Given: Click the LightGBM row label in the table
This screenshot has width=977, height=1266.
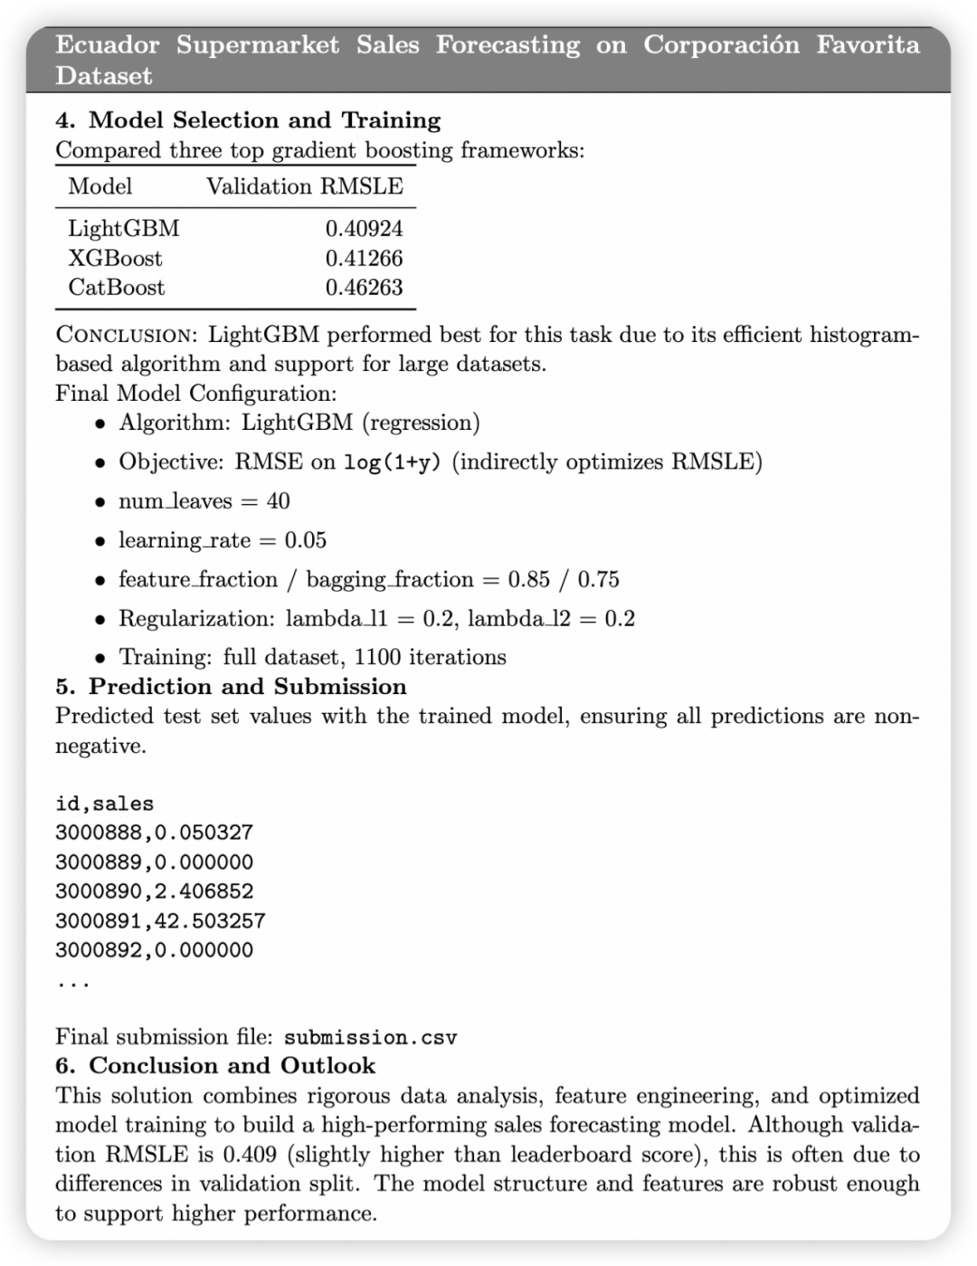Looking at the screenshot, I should click(124, 228).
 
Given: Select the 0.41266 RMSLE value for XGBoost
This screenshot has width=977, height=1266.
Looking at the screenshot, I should click(364, 258).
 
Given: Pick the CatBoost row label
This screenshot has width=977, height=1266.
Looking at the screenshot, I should click(117, 288).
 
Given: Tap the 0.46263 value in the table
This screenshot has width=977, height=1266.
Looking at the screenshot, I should click(364, 288).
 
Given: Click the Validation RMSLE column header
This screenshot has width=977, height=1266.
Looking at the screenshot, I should click(305, 186).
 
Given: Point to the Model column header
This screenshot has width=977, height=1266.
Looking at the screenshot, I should click(100, 186).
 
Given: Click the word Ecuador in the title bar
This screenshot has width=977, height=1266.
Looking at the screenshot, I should click(108, 45).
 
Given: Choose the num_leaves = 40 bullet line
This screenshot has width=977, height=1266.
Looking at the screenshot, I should click(204, 501).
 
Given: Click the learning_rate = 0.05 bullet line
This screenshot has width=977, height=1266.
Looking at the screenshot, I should click(223, 540).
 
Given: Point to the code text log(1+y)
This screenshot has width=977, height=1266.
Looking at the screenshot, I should click(393, 462).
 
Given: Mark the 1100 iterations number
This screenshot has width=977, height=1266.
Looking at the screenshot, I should click(378, 657).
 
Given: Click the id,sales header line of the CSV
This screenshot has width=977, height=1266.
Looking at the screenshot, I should click(105, 804).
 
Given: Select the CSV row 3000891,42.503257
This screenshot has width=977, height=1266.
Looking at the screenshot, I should click(160, 921).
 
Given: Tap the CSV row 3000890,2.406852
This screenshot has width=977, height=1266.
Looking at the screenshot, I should click(155, 891).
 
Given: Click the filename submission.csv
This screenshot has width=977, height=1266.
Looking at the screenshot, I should click(370, 1037).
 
